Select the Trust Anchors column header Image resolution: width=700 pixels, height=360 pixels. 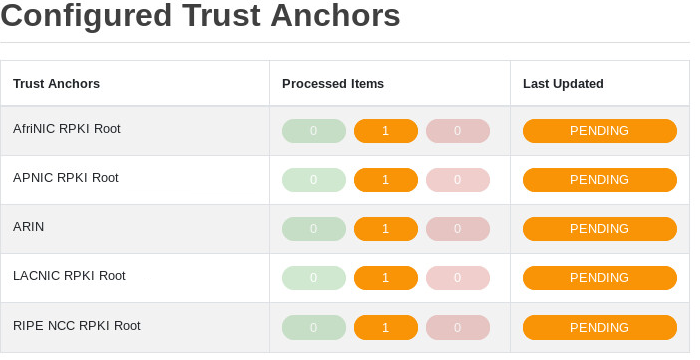[x=56, y=83]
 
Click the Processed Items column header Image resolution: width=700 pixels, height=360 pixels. [x=333, y=83]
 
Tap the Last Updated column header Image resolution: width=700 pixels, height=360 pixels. [x=563, y=83]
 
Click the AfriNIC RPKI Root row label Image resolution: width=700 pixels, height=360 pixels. [x=67, y=129]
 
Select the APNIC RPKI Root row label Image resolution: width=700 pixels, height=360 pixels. [x=66, y=178]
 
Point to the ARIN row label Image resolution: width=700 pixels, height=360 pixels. [x=29, y=227]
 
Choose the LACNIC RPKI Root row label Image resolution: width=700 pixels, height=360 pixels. [x=69, y=276]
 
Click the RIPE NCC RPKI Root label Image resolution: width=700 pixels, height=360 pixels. [x=77, y=325]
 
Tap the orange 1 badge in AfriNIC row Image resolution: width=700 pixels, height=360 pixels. [x=386, y=131]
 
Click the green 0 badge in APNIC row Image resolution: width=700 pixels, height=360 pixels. [x=314, y=180]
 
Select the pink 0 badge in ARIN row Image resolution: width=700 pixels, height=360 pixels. [x=458, y=229]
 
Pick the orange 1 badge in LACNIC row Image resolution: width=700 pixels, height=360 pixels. [x=386, y=278]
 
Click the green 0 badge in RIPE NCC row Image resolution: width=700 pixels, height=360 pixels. [x=314, y=327]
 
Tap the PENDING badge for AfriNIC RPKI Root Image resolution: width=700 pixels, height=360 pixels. [x=599, y=131]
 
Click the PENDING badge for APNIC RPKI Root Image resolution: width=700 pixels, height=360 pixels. [x=599, y=180]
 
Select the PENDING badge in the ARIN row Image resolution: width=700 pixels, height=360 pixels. [x=599, y=229]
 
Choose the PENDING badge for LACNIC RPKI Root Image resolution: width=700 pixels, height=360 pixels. [x=599, y=278]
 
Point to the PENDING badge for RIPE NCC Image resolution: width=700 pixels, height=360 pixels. [x=599, y=327]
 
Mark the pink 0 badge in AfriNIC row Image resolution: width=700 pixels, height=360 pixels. [x=458, y=131]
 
